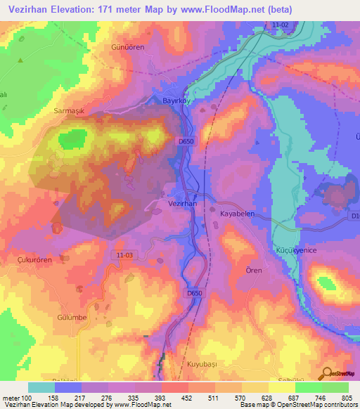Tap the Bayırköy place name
(177, 100)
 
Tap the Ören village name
(254, 271)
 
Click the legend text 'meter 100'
(15, 398)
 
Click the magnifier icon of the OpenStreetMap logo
(327, 372)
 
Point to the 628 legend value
(256, 398)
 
